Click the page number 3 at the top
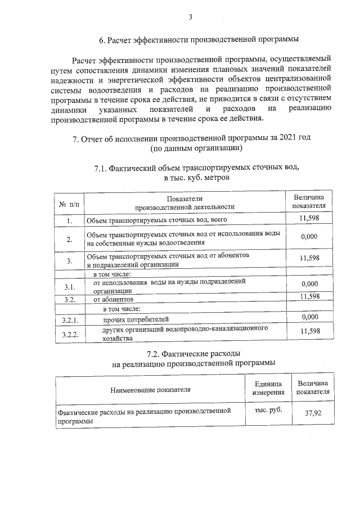coord(191,18)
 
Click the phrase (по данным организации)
coord(196,149)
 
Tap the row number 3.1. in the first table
coord(69,287)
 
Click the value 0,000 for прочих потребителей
coord(310,318)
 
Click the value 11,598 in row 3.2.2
coord(310,332)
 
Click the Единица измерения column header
coord(268,388)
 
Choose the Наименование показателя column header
coord(150,389)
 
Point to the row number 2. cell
coord(69,239)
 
